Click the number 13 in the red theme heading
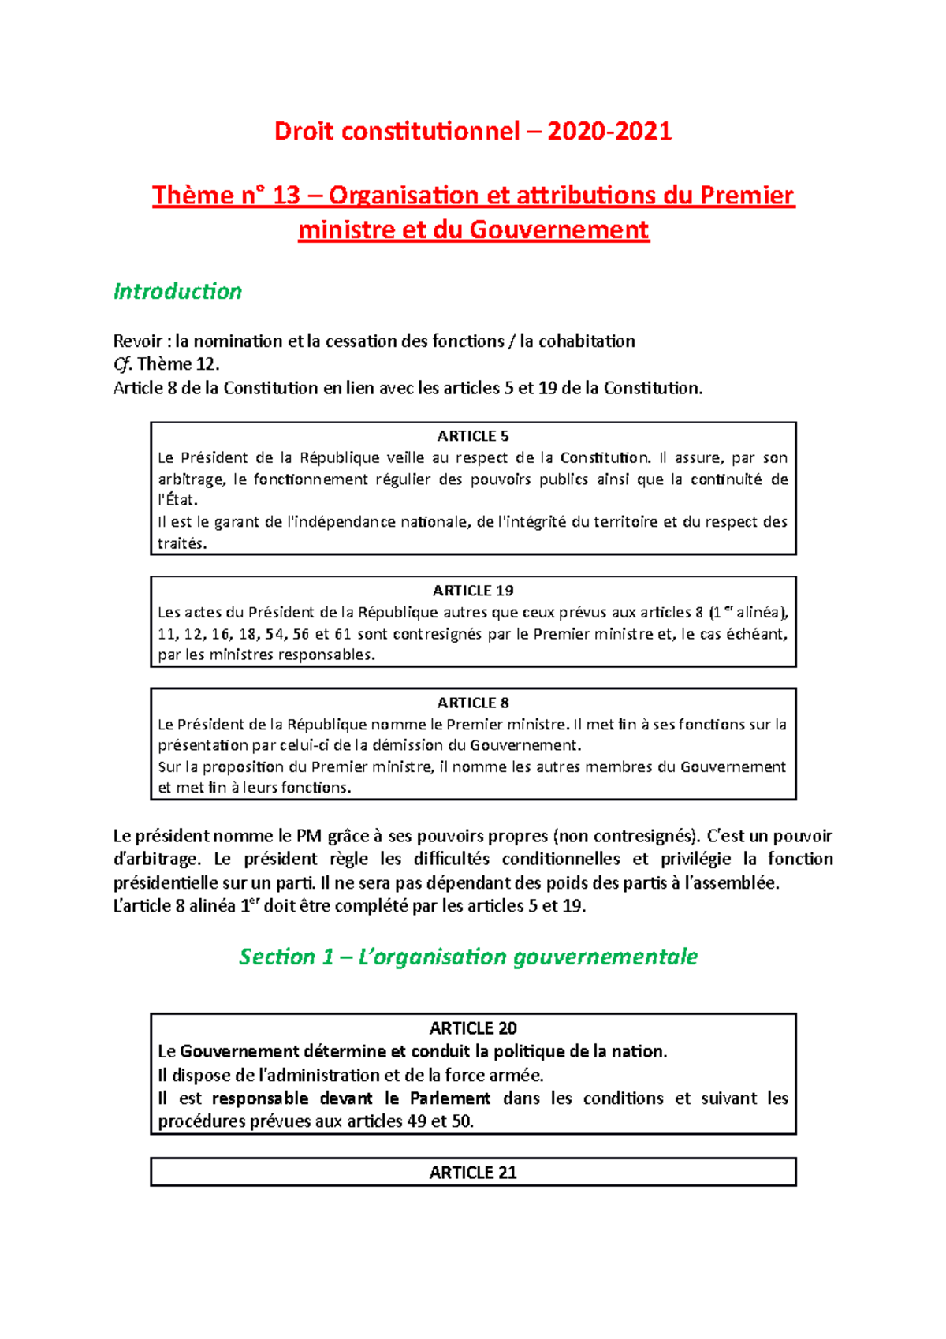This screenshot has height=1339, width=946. [286, 195]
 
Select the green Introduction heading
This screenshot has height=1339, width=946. [177, 291]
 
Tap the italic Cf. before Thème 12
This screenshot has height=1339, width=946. [123, 364]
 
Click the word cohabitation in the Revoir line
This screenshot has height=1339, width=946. [587, 341]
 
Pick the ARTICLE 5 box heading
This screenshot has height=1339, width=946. [473, 436]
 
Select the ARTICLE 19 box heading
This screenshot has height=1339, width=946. [473, 591]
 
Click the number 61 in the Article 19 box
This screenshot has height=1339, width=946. [342, 634]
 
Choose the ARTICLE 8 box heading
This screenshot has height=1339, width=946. [473, 703]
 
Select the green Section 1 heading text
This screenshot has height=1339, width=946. [468, 957]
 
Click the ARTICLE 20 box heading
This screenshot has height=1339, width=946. [473, 1028]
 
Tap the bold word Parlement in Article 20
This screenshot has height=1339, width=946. [450, 1098]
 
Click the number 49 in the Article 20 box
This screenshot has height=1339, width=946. [417, 1121]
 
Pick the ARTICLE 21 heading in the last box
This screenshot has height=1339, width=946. [473, 1173]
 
